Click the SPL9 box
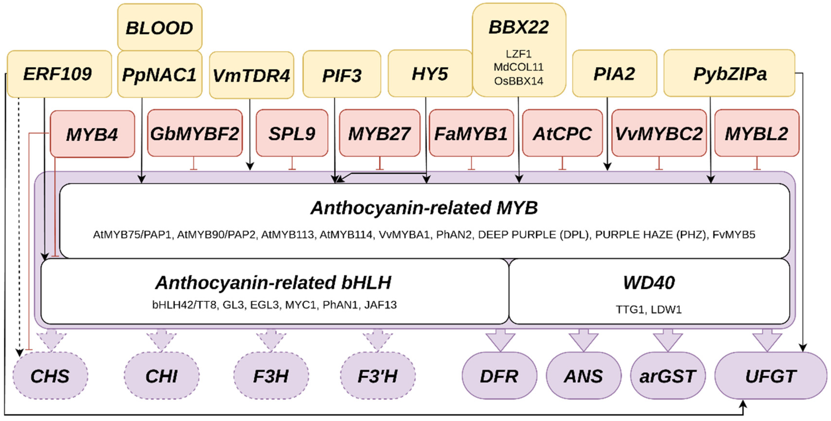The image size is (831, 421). pyautogui.click(x=292, y=133)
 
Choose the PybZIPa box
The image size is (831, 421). pyautogui.click(x=729, y=74)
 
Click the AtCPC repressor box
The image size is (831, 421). pyautogui.click(x=562, y=133)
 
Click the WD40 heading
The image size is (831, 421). pyautogui.click(x=648, y=283)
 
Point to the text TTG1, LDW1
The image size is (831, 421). pyautogui.click(x=648, y=309)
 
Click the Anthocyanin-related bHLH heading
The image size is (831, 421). pyautogui.click(x=273, y=283)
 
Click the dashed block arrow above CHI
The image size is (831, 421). pyautogui.click(x=161, y=340)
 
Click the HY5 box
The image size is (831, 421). pyautogui.click(x=430, y=74)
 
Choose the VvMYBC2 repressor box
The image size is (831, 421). pyautogui.click(x=659, y=133)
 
